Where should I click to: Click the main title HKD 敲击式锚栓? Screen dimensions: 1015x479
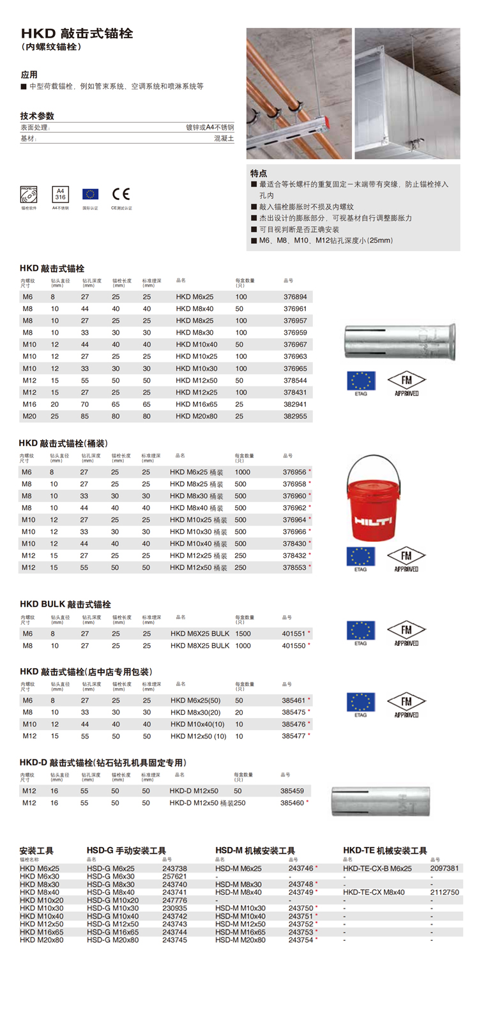[x=77, y=34]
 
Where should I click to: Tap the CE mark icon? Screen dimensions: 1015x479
[x=121, y=194]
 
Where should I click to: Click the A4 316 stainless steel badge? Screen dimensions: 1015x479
[x=60, y=194]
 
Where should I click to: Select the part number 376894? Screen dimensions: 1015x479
[x=295, y=297]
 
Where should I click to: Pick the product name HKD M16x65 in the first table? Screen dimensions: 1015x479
[x=196, y=404]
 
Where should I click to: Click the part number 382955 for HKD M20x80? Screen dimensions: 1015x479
[x=295, y=416]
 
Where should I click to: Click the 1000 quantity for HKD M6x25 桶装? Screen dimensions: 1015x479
[x=242, y=472]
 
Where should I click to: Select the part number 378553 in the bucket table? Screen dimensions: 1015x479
[x=294, y=567]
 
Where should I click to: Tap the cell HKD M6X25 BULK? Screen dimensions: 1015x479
[x=199, y=634]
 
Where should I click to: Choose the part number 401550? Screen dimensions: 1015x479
[x=294, y=646]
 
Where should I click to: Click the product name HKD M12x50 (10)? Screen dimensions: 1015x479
[x=198, y=736]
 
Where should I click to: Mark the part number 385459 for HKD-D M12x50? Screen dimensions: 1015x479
[x=292, y=791]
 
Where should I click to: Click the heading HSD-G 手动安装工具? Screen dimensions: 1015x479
[x=126, y=851]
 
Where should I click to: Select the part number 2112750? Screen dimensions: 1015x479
[x=445, y=892]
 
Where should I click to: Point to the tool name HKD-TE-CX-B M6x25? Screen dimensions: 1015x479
[x=377, y=869]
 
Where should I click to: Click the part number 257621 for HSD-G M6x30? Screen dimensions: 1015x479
[x=174, y=876]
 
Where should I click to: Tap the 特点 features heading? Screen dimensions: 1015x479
[x=259, y=173]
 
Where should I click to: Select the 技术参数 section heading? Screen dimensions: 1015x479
[x=37, y=116]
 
